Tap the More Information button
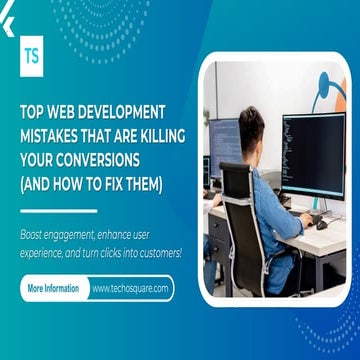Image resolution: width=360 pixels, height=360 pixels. tap(54, 288)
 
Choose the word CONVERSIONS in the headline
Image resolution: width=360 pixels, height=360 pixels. tap(95, 159)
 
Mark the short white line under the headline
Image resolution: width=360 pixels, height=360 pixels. tap(58, 211)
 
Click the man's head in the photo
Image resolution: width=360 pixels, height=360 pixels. tap(251, 128)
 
